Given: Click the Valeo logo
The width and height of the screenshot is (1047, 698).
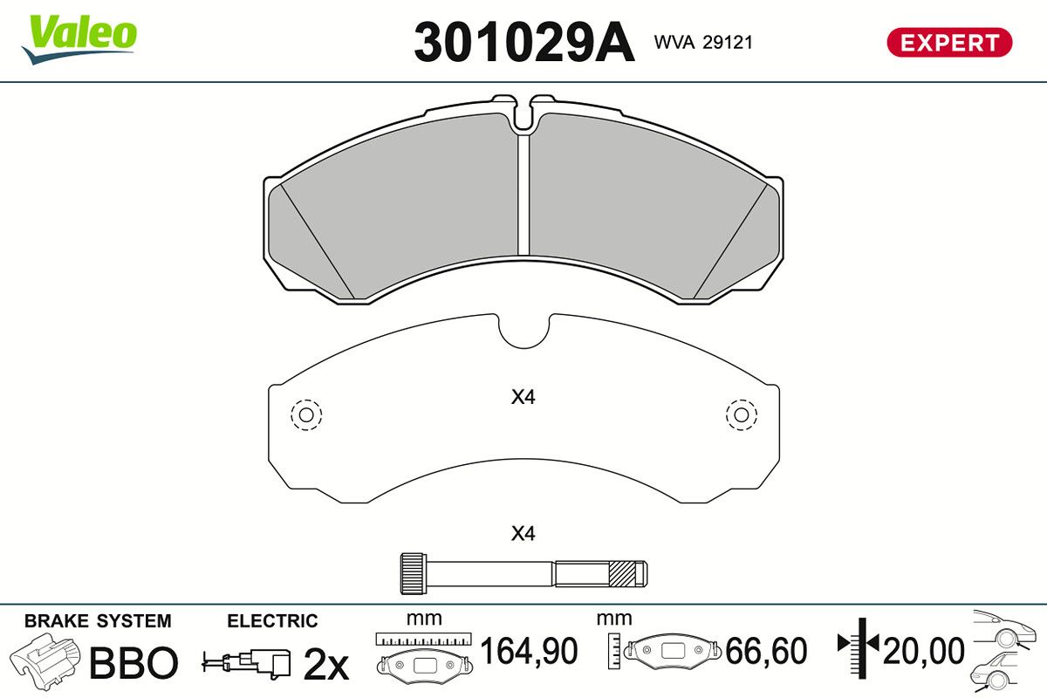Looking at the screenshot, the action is (79, 39).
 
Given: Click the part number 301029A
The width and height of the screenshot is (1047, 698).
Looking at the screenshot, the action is (524, 43).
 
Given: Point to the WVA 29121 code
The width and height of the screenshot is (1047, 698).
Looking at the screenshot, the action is (703, 43).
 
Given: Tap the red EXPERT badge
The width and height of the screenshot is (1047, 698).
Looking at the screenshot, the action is (949, 43).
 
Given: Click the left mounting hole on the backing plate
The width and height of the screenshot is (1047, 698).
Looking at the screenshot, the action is (306, 414).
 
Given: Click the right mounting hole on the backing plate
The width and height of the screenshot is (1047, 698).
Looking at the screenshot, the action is (742, 414).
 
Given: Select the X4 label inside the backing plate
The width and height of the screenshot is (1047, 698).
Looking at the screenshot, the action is (523, 397).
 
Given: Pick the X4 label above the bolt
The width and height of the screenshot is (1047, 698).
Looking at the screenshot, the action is (523, 533).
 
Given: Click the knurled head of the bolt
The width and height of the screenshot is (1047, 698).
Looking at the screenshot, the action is (414, 573).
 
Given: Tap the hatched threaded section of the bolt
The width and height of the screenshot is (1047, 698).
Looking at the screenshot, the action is (623, 573).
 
